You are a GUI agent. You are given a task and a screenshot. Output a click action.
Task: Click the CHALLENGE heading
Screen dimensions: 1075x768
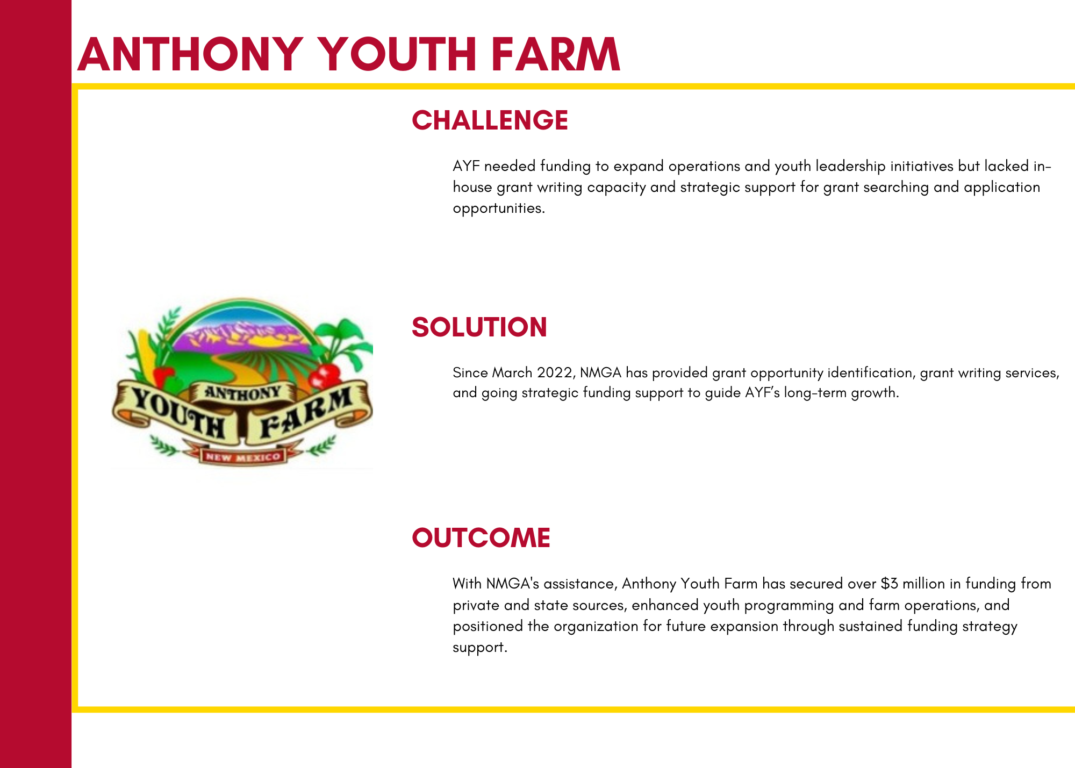point(490,120)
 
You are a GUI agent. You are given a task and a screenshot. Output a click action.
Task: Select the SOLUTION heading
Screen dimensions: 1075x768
point(479,327)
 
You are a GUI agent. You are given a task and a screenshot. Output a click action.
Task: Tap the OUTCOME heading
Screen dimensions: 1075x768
point(481,538)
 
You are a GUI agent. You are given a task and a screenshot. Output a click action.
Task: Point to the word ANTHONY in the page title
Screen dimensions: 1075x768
point(190,54)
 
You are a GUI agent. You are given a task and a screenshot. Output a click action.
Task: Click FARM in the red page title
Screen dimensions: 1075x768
point(556,54)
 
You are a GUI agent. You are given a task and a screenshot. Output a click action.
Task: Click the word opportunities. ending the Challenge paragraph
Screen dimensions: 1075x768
point(499,209)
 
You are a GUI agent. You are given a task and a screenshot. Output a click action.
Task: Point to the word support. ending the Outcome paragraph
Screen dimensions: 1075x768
point(480,648)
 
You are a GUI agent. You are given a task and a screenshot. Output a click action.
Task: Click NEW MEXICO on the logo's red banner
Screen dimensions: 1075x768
point(243,457)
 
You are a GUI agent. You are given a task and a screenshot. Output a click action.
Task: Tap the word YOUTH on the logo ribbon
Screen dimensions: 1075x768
point(178,414)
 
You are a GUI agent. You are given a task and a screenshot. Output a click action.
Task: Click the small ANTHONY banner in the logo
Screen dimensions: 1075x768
point(243,393)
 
